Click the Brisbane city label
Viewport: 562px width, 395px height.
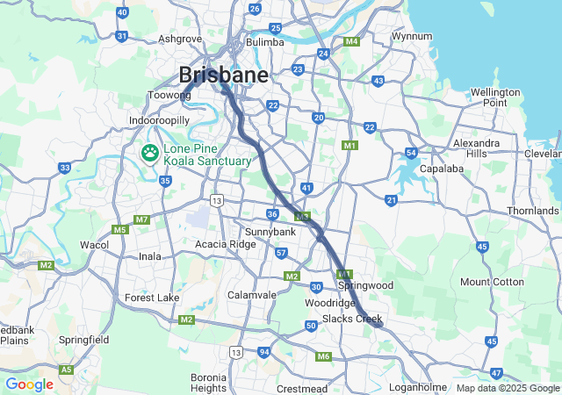[223, 75]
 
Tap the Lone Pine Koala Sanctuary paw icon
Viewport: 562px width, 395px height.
[150, 154]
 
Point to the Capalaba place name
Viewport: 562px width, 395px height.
[441, 169]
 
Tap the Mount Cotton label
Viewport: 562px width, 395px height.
[492, 282]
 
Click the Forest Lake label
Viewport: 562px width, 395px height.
[151, 298]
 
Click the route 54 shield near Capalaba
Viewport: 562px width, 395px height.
[411, 154]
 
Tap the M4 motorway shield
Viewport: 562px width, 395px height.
[351, 41]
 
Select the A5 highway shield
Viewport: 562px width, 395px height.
[67, 370]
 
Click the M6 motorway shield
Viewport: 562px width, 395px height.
[323, 356]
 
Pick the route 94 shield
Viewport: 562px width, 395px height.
[263, 352]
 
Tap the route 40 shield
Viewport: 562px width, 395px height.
[121, 12]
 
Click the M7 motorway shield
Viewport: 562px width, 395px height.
[141, 219]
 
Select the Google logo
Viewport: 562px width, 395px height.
[29, 384]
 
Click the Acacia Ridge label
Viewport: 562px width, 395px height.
[226, 244]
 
